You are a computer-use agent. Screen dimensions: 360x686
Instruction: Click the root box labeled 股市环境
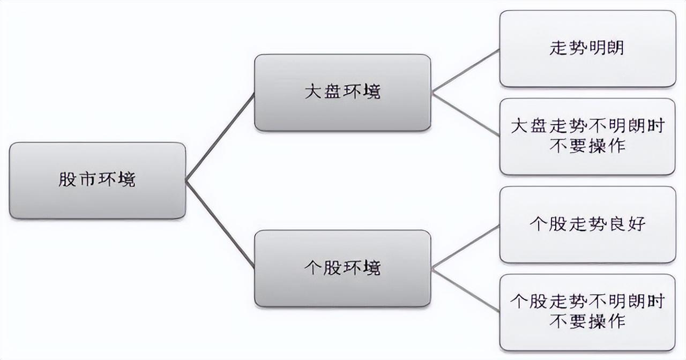tap(98, 181)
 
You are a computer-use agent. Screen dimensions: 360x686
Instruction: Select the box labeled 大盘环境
tap(342, 93)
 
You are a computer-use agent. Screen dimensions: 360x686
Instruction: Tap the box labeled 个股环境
tap(342, 268)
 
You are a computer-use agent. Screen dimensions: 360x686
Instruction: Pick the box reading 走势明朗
tap(587, 49)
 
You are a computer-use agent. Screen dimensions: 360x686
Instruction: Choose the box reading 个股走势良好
tap(587, 224)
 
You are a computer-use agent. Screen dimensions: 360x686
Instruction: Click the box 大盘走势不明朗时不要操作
tap(587, 136)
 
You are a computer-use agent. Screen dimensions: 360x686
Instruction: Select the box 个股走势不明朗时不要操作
tap(587, 312)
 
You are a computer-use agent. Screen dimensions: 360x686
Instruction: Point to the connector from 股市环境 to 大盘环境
tap(220, 137)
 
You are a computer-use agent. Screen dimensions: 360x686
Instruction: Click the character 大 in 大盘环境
tap(313, 93)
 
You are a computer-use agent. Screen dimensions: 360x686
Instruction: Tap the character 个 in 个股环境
tap(313, 268)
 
